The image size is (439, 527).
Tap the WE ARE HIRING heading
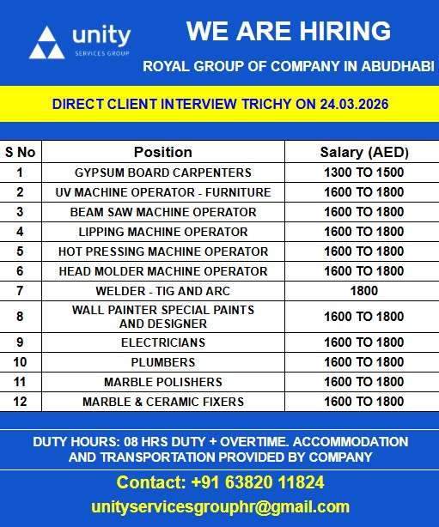click(289, 32)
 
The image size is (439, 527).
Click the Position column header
click(162, 152)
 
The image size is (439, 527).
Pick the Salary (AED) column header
click(364, 152)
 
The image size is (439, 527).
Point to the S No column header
click(21, 152)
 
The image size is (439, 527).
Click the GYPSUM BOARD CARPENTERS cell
click(162, 173)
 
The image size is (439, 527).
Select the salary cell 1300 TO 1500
click(364, 173)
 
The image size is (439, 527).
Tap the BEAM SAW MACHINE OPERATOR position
click(162, 212)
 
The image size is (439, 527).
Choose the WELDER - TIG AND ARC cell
click(162, 291)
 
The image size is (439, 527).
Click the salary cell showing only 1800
click(364, 291)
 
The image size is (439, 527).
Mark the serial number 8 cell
click(21, 317)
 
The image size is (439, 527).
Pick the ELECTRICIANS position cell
click(162, 342)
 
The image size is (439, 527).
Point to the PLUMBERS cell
click(162, 362)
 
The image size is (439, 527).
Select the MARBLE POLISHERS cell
click(162, 382)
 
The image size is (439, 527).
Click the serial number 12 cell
click(21, 402)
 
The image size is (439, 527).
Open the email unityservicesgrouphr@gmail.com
click(220, 506)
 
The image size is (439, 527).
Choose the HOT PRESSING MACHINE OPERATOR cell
click(162, 251)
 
